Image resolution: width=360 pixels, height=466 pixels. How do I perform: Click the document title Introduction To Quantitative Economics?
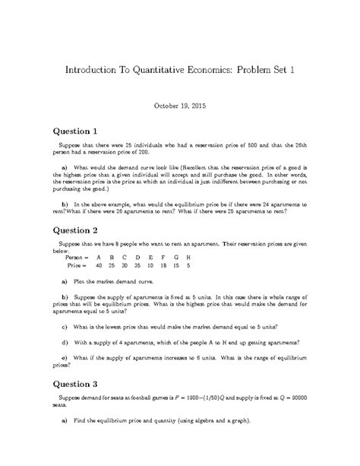tap(179, 70)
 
